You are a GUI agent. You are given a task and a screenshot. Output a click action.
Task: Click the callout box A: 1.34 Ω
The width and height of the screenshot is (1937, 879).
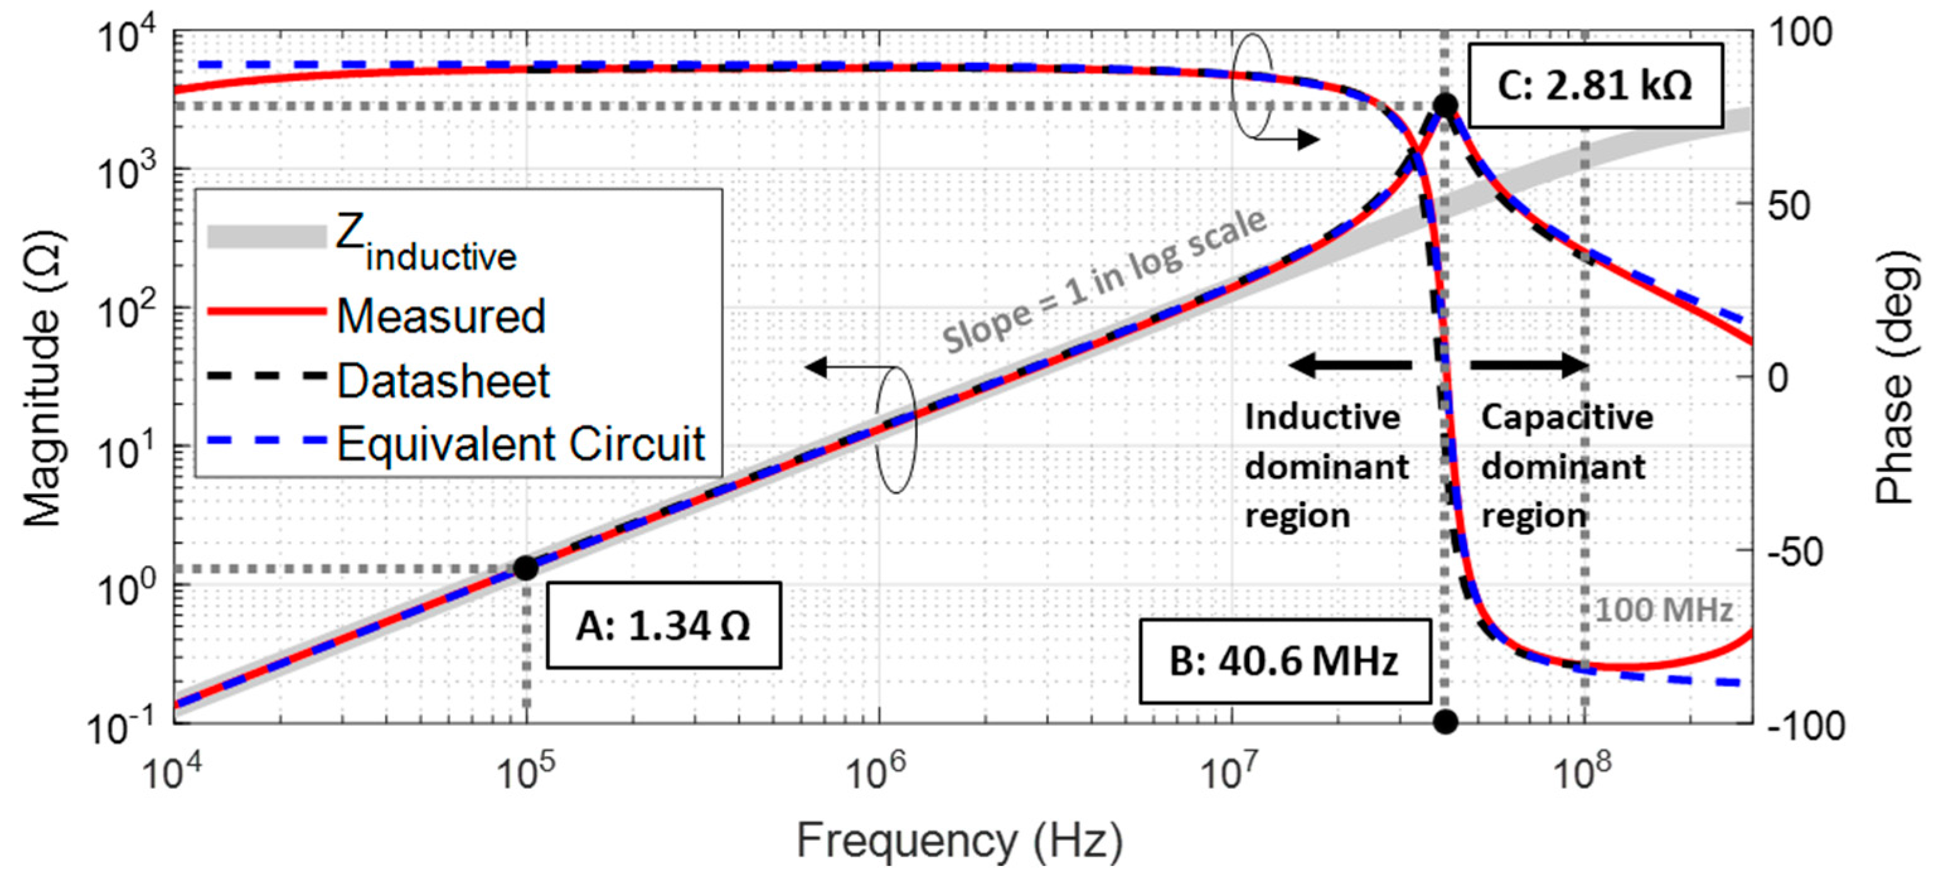(663, 625)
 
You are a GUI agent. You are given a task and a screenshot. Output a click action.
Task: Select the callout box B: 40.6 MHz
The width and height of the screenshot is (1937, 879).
(1284, 662)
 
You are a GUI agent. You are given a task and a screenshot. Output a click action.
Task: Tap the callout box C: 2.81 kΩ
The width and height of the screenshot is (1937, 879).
(1594, 85)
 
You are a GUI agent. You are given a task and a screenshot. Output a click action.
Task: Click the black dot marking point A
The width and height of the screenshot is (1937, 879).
(525, 568)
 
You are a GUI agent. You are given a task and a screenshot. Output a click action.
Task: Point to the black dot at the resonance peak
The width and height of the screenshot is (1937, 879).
(1445, 105)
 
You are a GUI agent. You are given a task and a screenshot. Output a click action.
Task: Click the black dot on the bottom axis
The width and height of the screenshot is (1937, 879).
(1445, 723)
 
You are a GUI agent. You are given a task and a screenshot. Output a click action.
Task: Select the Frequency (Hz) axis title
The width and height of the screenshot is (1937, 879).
(959, 840)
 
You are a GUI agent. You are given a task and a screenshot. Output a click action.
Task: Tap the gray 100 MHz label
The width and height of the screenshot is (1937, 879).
(1663, 610)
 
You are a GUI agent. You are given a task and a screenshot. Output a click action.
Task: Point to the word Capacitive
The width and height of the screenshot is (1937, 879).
(1567, 417)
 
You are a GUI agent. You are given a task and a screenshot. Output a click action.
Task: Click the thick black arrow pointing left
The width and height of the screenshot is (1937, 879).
(1350, 365)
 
